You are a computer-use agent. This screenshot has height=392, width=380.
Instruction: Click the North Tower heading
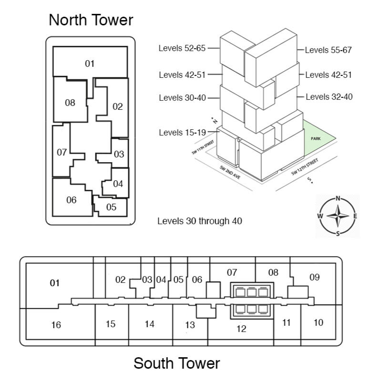tap(91, 20)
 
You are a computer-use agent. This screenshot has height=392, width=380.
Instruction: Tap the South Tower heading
tap(176, 363)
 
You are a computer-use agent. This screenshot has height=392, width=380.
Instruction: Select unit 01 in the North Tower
tap(90, 63)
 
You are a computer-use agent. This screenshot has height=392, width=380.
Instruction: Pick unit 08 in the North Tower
tap(70, 103)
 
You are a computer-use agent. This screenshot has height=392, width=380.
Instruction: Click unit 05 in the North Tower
tap(111, 207)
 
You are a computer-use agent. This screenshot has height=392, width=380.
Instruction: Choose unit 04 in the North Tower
tap(118, 184)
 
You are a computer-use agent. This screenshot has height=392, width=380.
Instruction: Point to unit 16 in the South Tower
tap(56, 325)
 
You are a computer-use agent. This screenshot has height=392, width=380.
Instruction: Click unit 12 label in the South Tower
tap(241, 329)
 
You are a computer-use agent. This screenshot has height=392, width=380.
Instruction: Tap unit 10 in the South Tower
tap(318, 322)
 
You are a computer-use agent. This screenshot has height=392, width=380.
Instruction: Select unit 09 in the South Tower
tap(314, 277)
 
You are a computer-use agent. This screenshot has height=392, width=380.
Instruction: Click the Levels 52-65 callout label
tap(182, 48)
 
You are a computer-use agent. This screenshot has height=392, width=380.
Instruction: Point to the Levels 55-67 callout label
tap(329, 50)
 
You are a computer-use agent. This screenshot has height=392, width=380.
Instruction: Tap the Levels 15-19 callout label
tap(182, 133)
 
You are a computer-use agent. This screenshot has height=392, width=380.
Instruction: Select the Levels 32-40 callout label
tap(329, 97)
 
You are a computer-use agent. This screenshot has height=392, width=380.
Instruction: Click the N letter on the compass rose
tap(338, 198)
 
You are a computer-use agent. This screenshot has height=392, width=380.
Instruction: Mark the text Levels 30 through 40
tap(199, 221)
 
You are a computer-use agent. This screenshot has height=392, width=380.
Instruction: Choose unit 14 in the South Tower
tap(149, 324)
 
